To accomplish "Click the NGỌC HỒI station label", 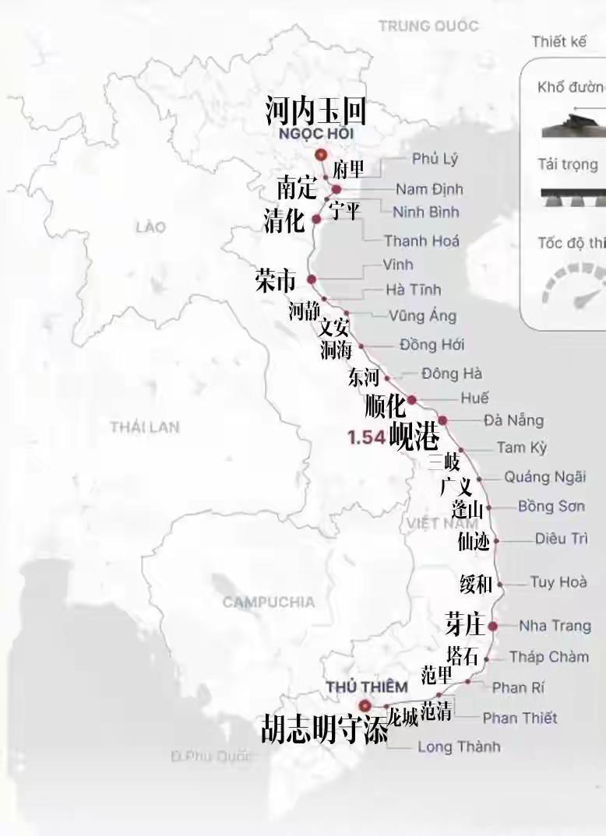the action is pyautogui.click(x=315, y=133).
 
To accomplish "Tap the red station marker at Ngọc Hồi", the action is pyautogui.click(x=320, y=155).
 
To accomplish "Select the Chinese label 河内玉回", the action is pyautogui.click(x=315, y=111).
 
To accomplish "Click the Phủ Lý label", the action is pyautogui.click(x=435, y=159).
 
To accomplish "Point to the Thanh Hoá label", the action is pyautogui.click(x=421, y=241).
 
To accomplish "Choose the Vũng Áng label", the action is pyautogui.click(x=422, y=315).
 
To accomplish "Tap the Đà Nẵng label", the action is pyautogui.click(x=513, y=420).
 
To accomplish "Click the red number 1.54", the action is pyautogui.click(x=366, y=437).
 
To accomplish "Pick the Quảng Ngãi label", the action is pyautogui.click(x=544, y=477).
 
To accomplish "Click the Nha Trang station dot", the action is pyautogui.click(x=492, y=626).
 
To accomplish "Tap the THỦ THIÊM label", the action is pyautogui.click(x=366, y=687).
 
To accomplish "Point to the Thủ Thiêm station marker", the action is pyautogui.click(x=364, y=706).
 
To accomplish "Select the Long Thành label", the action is pyautogui.click(x=459, y=746).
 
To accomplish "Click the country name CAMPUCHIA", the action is pyautogui.click(x=268, y=602).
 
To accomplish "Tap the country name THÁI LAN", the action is pyautogui.click(x=145, y=427).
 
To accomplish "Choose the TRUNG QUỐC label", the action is pyautogui.click(x=428, y=26).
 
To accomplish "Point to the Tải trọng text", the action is pyautogui.click(x=568, y=164).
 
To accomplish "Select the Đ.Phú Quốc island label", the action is pyautogui.click(x=212, y=756).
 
